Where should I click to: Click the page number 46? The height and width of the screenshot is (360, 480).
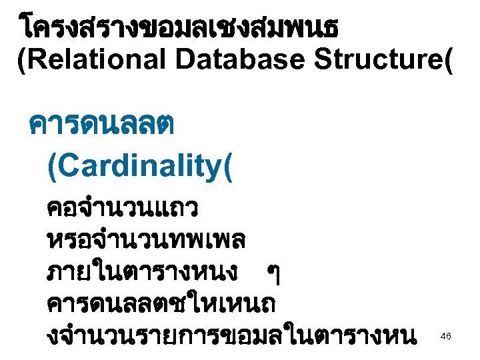[446, 337]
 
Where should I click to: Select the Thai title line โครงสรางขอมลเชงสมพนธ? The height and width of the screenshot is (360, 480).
[179, 27]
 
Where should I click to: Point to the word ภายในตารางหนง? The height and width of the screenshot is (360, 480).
[141, 271]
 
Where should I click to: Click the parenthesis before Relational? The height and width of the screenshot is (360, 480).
[22, 61]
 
